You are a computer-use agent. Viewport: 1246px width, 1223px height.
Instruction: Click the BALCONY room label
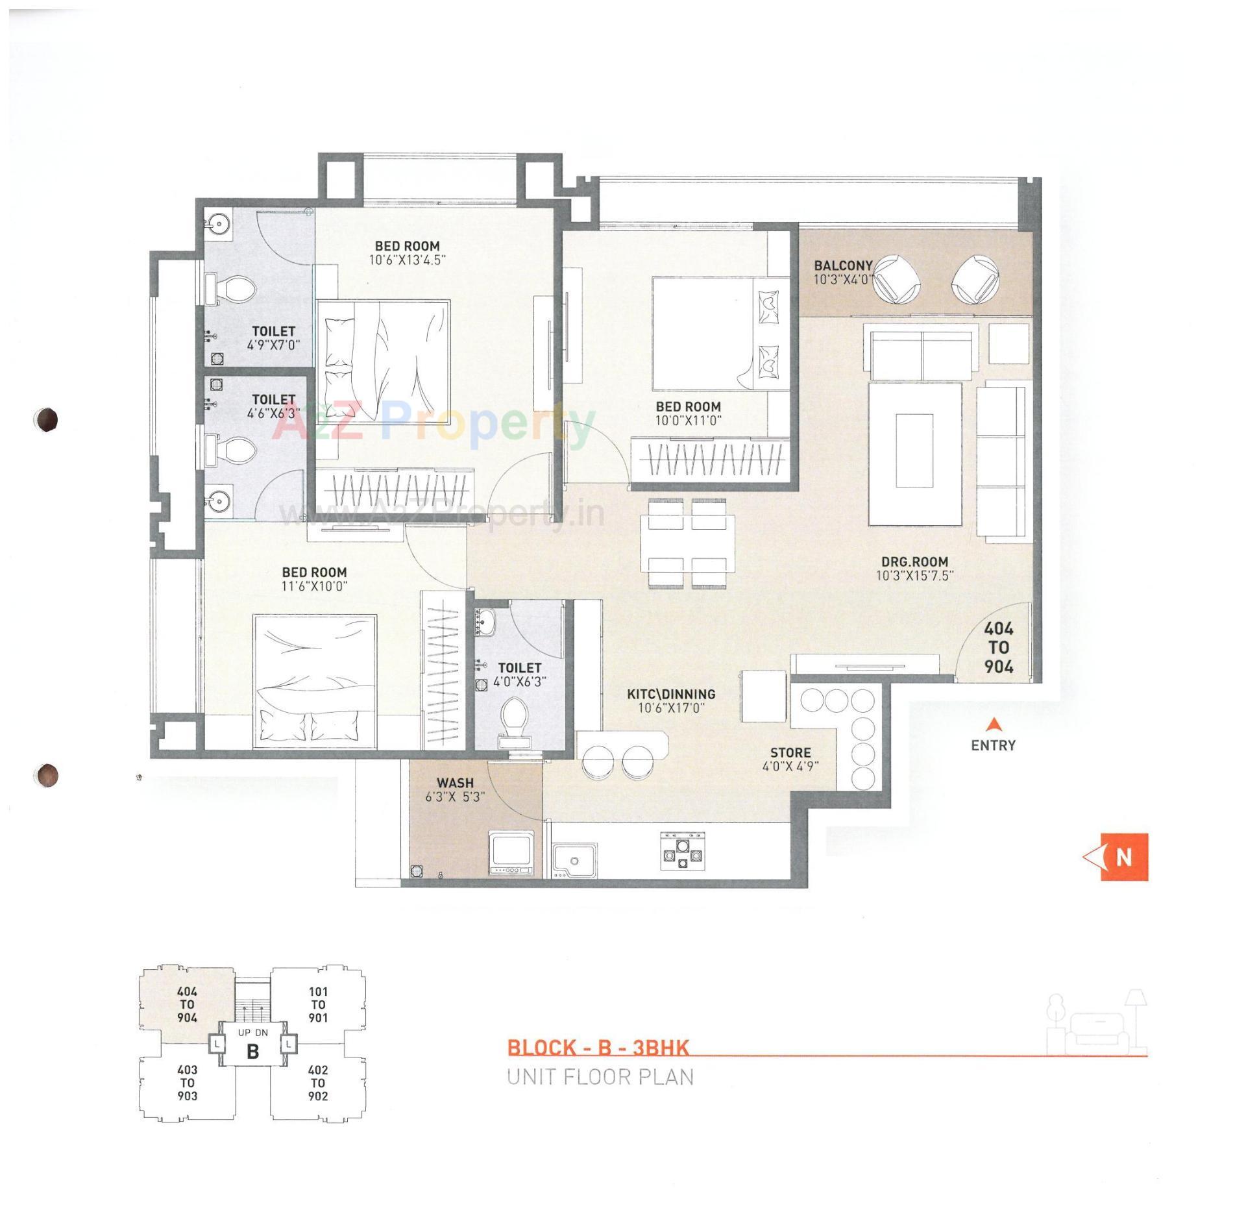pos(843,266)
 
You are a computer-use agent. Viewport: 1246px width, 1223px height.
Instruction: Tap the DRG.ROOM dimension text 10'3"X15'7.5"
pos(914,575)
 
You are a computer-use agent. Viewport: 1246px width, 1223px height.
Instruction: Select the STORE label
pos(790,752)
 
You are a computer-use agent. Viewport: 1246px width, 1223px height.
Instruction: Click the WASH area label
pos(455,783)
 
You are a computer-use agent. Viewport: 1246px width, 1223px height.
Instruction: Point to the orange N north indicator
pos(1123,858)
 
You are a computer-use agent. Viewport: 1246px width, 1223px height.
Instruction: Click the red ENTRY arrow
pos(993,724)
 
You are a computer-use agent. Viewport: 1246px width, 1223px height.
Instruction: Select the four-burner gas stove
pos(682,850)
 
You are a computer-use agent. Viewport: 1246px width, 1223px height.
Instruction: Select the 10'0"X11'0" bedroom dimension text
pos(688,420)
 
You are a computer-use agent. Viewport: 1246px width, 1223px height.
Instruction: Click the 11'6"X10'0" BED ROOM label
pos(314,572)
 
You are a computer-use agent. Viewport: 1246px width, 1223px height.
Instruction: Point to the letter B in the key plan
pos(253,1050)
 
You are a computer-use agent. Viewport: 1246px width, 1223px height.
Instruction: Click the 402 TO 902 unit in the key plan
pos(317,1083)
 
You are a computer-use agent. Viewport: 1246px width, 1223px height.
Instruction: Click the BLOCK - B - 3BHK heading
pos(597,1048)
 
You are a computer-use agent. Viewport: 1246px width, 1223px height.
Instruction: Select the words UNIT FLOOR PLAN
pos(600,1078)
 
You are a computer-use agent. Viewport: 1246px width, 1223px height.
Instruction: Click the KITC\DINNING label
pos(671,694)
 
